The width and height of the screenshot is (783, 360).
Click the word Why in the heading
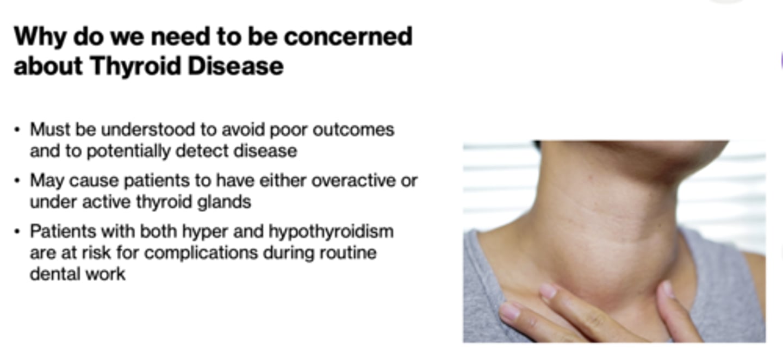39,37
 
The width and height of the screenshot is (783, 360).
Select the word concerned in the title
348,37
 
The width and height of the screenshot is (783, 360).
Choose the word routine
348,253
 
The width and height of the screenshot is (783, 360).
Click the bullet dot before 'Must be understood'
17,131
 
